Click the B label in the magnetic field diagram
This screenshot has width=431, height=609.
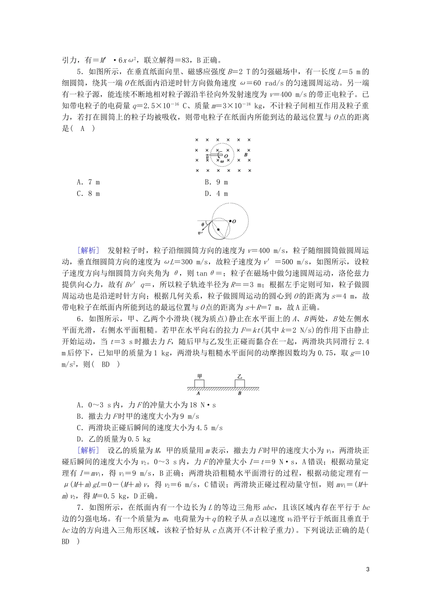tap(245, 155)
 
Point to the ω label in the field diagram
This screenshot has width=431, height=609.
tap(222, 161)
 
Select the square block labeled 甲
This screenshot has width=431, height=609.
tap(199, 383)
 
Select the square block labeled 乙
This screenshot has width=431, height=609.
tap(240, 383)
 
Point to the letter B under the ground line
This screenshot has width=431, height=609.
tap(240, 393)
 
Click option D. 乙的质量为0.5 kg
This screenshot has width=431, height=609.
tap(113, 439)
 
